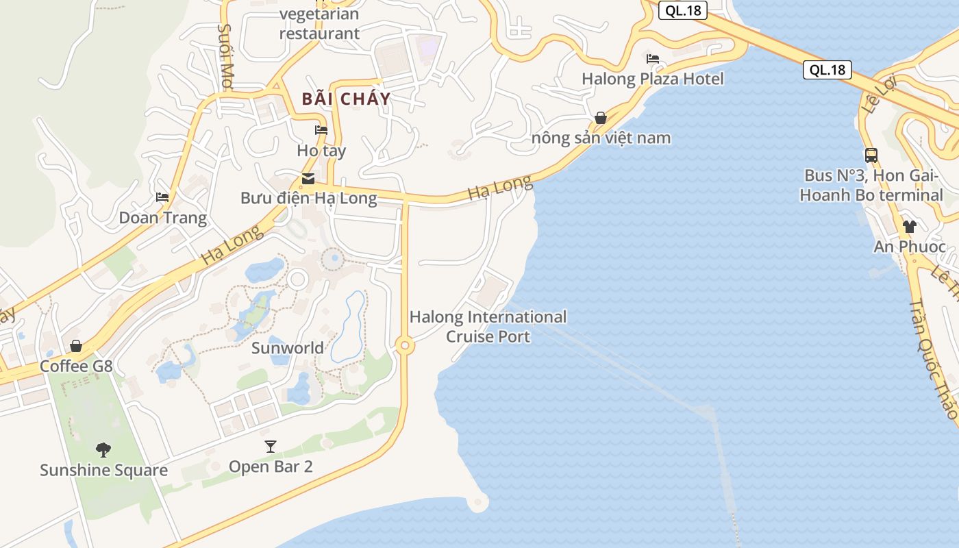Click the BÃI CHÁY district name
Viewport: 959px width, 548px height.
pos(346,99)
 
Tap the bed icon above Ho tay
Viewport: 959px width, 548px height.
pos(321,130)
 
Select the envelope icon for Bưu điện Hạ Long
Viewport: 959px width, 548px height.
pos(308,179)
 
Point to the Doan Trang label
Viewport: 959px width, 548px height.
pos(163,218)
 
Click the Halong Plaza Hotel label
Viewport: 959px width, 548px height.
pos(652,79)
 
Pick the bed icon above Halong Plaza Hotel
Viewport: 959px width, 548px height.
pos(653,59)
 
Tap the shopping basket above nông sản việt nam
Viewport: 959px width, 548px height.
pos(601,118)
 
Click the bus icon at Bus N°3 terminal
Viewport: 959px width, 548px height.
pos(871,155)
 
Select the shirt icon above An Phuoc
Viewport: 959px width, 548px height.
pos(910,227)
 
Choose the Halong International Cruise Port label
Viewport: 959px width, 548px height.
pos(488,327)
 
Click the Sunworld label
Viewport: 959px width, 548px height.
pos(288,348)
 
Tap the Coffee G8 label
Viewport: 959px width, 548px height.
pos(76,366)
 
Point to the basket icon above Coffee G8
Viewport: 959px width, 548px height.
pos(76,346)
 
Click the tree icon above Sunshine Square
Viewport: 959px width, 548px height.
pos(103,450)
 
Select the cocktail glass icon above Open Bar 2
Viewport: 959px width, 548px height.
pos(271,447)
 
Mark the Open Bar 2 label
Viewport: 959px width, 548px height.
pos(271,466)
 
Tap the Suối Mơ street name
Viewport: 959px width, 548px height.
pos(225,56)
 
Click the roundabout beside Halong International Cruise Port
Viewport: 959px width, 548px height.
pos(405,346)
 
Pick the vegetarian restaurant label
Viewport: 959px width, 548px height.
pos(319,23)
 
